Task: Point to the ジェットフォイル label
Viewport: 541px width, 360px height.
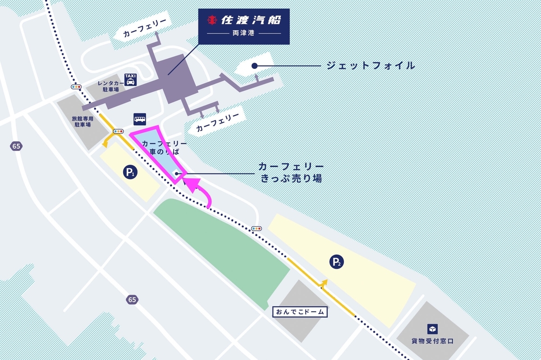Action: [370, 66]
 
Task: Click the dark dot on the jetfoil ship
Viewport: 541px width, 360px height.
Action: [254, 66]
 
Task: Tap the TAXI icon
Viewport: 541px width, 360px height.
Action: [130, 80]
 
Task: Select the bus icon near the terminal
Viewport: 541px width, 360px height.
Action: [139, 119]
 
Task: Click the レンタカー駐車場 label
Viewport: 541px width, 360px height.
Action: [110, 87]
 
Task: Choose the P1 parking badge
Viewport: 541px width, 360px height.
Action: [130, 172]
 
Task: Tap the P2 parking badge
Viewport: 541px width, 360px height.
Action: [336, 261]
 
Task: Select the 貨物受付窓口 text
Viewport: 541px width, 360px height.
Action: [432, 341]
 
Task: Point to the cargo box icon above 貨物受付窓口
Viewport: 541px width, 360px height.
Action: [432, 329]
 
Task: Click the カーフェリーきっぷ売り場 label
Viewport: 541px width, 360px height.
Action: [291, 173]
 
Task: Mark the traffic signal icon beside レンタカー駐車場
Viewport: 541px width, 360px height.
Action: [76, 87]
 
